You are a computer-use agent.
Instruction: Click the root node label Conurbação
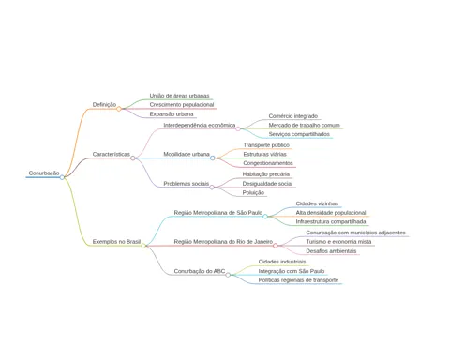44,172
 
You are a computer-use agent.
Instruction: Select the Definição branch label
104,104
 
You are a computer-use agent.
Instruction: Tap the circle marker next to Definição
119,109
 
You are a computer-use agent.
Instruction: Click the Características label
112,154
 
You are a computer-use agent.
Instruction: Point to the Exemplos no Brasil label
116,242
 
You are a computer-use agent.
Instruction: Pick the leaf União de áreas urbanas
179,96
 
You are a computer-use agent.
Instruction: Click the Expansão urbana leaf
172,114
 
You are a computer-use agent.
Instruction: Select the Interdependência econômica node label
200,125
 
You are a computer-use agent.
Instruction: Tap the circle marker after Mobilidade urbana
213,158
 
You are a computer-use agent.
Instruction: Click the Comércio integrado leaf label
293,116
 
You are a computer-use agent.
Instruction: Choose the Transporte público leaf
266,145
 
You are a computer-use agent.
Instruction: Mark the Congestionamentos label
268,163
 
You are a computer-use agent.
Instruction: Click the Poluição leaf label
253,192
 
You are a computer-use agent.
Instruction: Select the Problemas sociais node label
187,184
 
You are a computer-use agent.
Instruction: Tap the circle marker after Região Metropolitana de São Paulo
265,217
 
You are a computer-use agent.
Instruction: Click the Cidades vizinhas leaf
317,203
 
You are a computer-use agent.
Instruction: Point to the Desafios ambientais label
331,251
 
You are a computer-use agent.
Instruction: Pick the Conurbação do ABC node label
200,271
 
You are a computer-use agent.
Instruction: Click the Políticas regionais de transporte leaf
298,280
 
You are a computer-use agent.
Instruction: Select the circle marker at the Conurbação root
62,177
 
